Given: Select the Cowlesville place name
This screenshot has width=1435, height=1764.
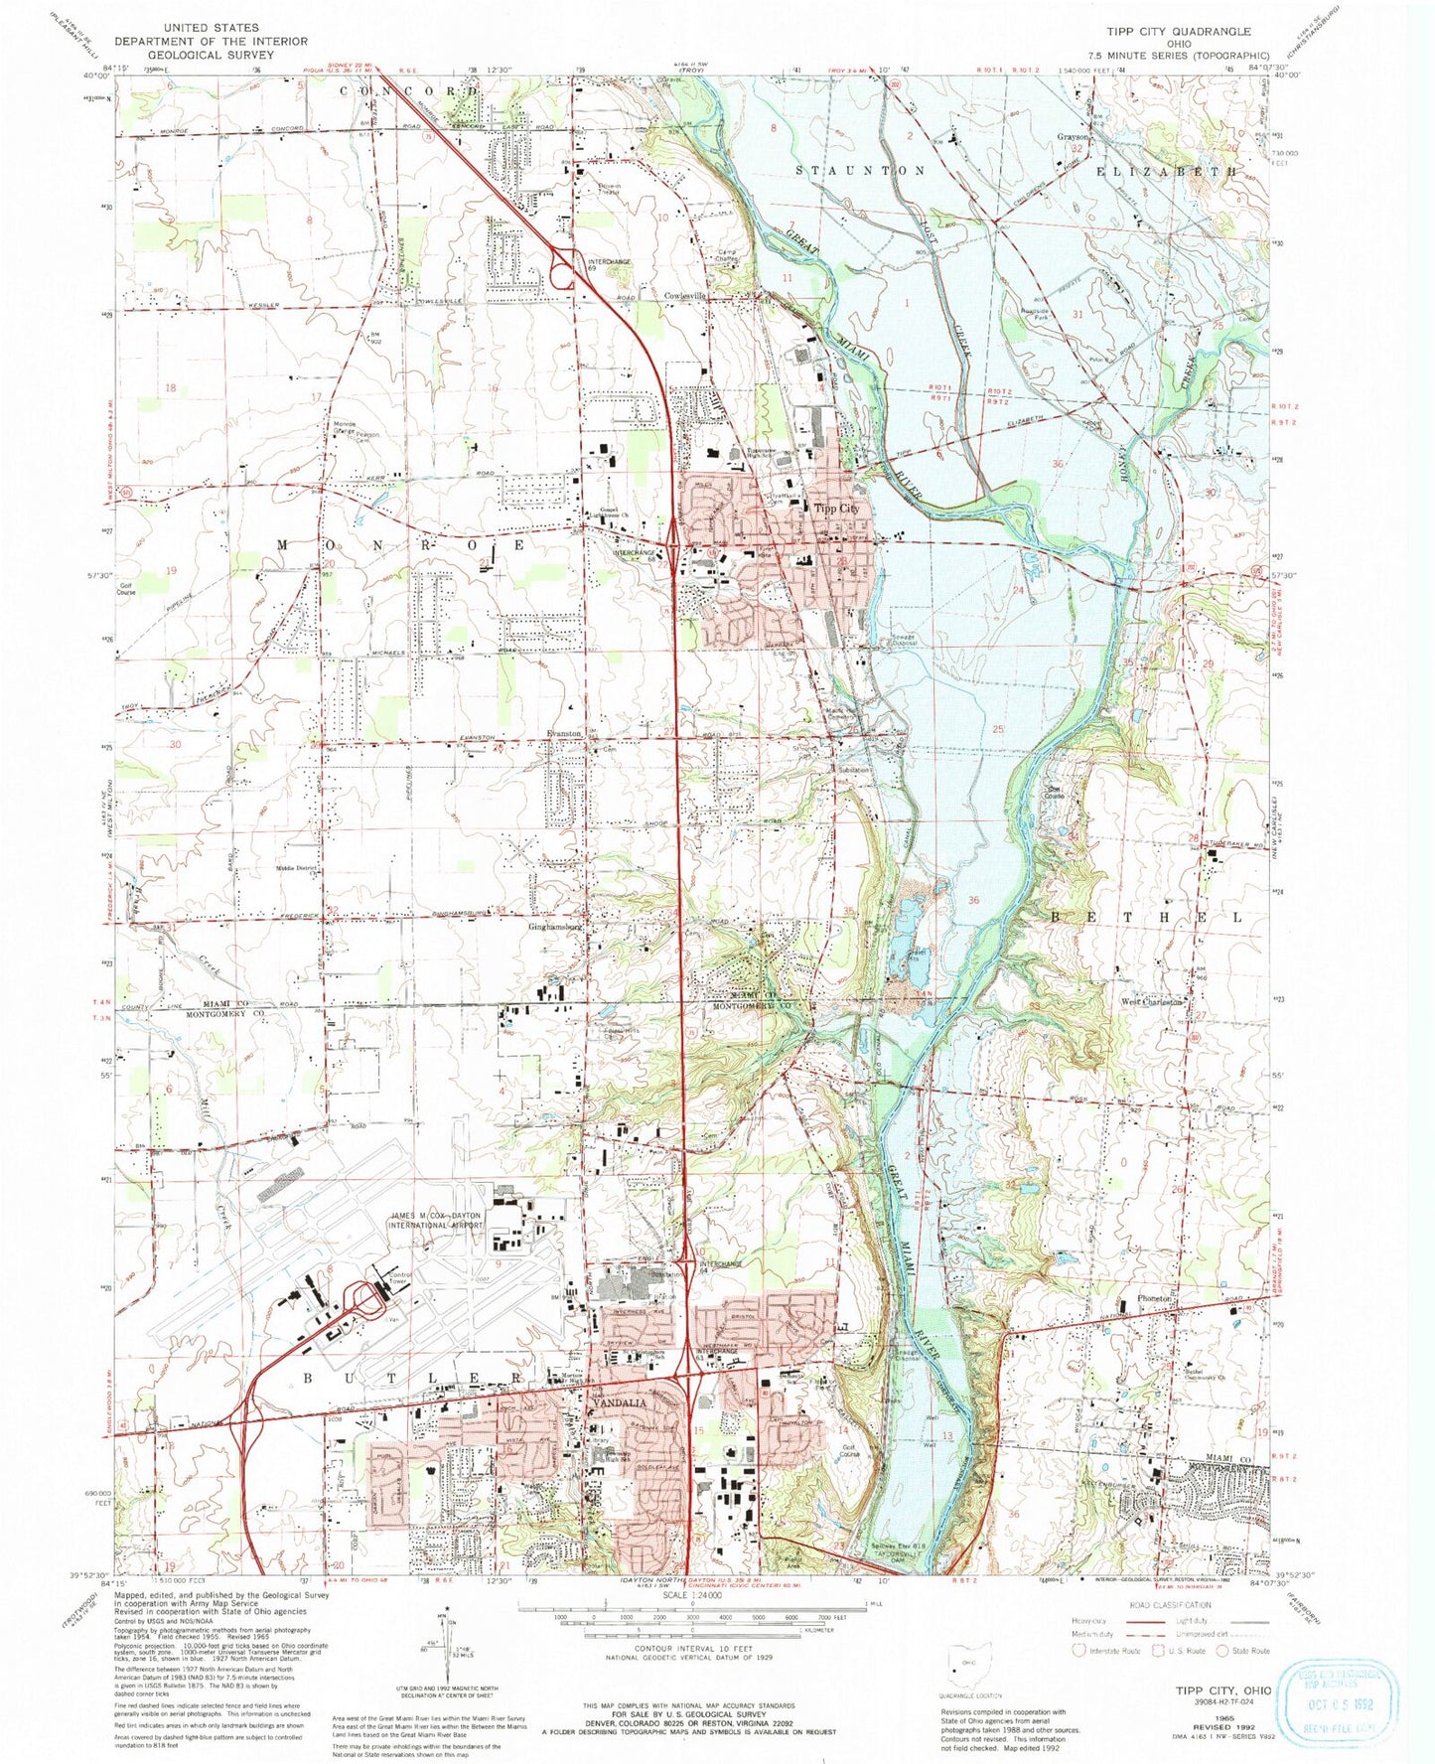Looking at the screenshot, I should pos(685,296).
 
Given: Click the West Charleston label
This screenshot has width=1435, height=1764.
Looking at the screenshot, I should pos(1152,1002).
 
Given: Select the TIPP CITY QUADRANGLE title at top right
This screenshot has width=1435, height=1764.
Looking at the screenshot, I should pos(1187,31).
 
